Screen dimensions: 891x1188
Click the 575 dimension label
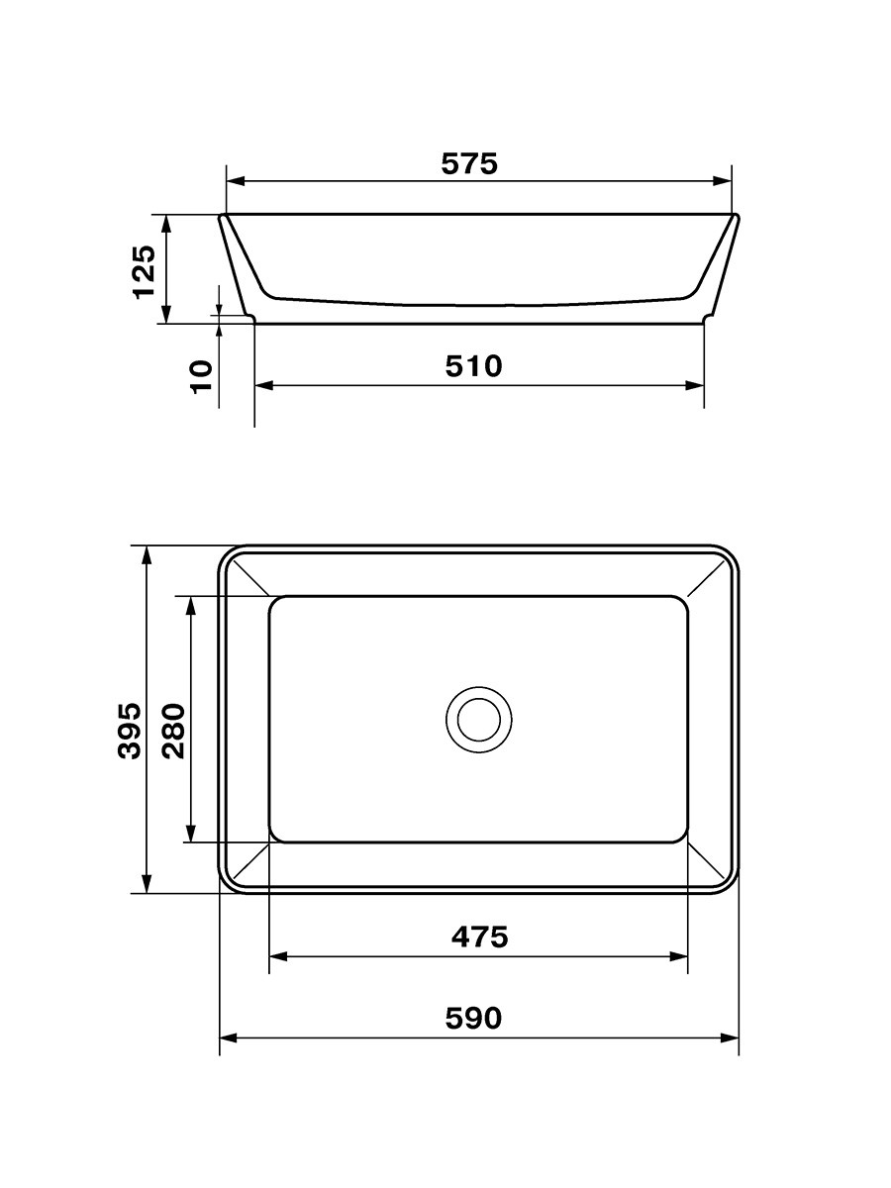(x=469, y=163)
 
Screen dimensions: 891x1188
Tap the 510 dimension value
(x=474, y=366)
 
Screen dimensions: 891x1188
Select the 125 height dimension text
(x=145, y=271)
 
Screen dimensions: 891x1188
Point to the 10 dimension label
(x=202, y=375)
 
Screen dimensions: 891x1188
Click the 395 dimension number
(x=130, y=731)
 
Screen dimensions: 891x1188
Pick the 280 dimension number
(x=173, y=731)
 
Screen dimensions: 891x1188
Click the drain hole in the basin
(x=479, y=720)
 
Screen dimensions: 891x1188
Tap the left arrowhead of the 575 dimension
(x=236, y=181)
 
